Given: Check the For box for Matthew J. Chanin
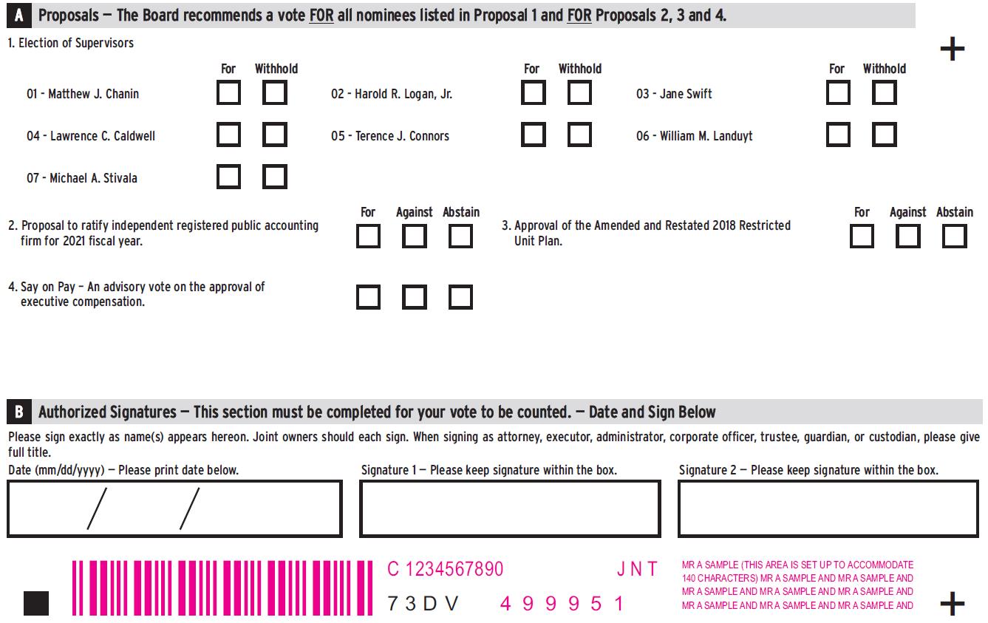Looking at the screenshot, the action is pos(228,92).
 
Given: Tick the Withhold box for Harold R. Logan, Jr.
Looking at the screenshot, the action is pos(579,92).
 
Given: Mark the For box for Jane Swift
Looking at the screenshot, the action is pos(838,92).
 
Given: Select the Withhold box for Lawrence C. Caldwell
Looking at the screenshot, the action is pos(274,134).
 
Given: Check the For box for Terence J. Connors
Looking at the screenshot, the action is pos(534,134).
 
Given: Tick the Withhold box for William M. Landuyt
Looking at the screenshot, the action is pos(885,134).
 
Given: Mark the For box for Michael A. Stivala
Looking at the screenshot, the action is pos(228,177).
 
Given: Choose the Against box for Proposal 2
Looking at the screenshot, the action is pos(414,236).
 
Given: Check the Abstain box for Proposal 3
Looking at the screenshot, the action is pos(955,236).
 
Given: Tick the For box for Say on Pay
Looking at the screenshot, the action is pos(368,297).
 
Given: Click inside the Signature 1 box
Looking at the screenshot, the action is pos(510,508).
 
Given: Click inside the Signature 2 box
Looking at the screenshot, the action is pos(828,508).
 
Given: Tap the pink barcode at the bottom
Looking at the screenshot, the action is pos(222,588).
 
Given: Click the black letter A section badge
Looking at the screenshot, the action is pos(19,16).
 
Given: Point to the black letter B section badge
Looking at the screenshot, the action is pos(19,412).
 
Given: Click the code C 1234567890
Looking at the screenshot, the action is pos(445,569).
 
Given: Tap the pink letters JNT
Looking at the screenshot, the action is pos(637,569).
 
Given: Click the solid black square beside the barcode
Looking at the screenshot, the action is pos(36,603).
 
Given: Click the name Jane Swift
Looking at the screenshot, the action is pos(686,94).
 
